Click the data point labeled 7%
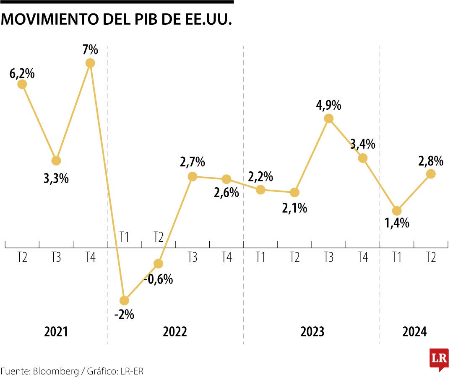[90, 63]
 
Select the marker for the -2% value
[124, 300]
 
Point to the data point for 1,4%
[397, 211]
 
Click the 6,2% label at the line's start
[22, 74]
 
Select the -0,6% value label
[158, 279]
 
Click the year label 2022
[175, 332]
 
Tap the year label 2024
[414, 332]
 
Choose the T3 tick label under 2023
[328, 257]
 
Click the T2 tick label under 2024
[431, 257]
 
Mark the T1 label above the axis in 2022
[124, 237]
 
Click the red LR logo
[439, 359]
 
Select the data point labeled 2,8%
[431, 174]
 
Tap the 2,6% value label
[226, 193]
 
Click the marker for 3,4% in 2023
[363, 158]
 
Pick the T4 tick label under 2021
[90, 257]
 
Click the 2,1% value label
[294, 208]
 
